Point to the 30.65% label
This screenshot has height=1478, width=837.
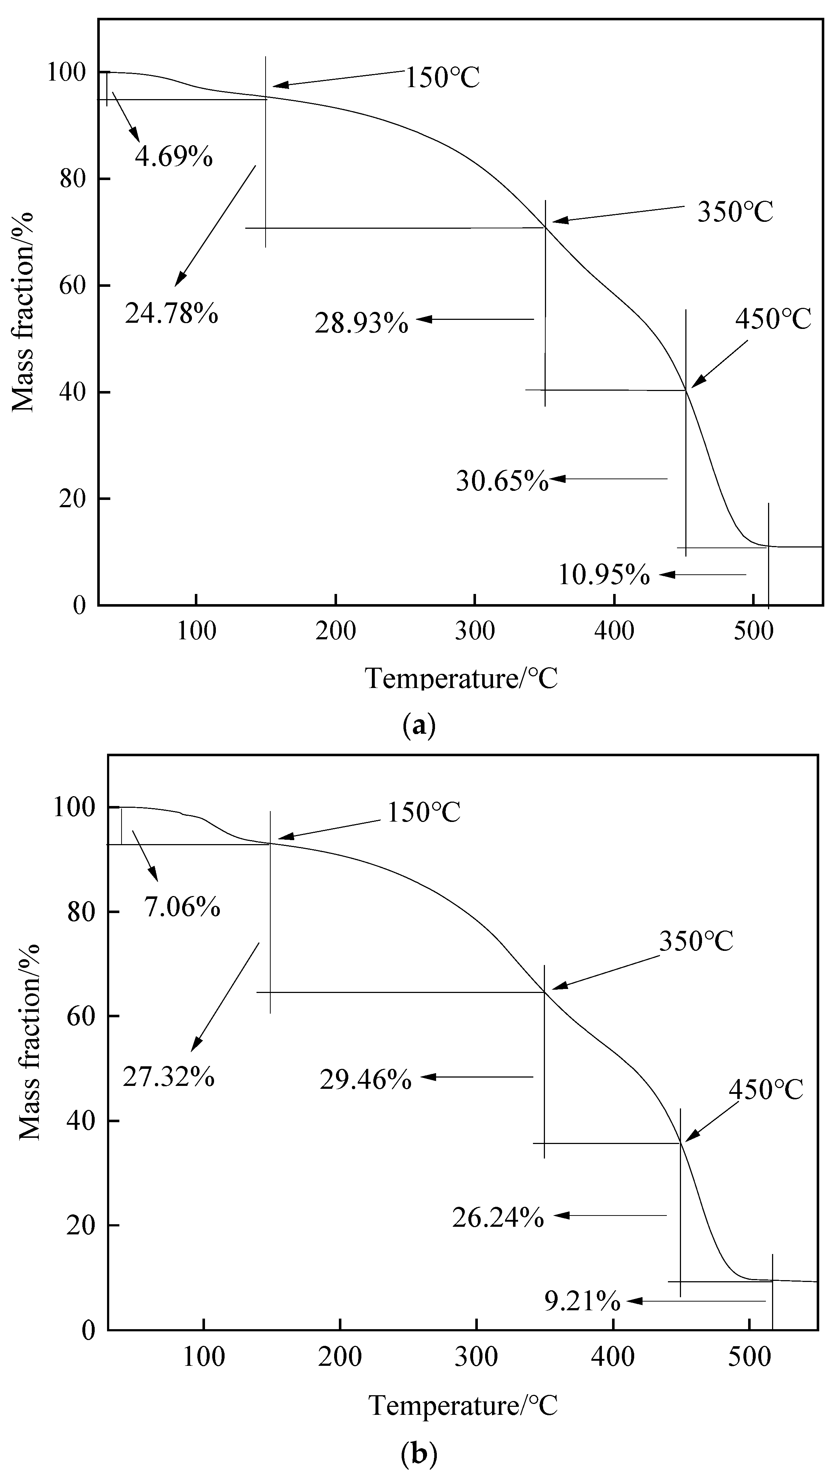tap(502, 481)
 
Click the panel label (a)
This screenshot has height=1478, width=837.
tap(419, 725)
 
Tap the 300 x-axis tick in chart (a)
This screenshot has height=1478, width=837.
tap(475, 631)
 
